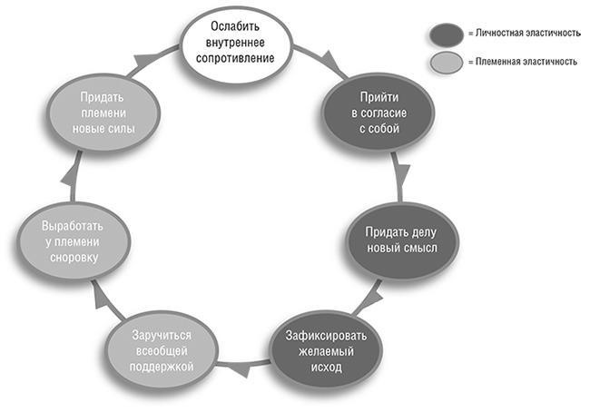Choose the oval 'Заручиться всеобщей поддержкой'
(x=160, y=345)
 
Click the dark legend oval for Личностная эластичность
(x=447, y=34)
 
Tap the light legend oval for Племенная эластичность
(x=447, y=62)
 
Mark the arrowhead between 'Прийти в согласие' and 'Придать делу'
(x=399, y=172)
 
